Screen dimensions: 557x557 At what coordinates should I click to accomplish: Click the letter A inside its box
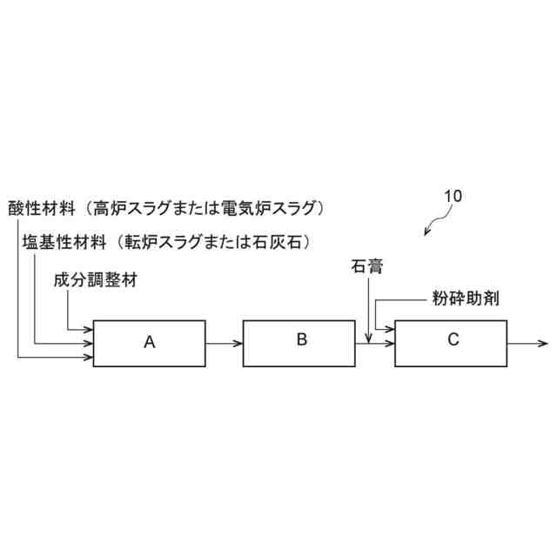(x=149, y=343)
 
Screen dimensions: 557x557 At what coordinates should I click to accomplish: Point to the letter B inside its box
(x=301, y=339)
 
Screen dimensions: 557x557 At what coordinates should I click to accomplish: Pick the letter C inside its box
(x=453, y=340)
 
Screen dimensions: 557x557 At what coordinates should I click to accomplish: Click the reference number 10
(x=452, y=196)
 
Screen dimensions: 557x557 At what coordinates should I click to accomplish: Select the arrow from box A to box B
(x=224, y=343)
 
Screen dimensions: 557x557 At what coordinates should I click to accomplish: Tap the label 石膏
(x=367, y=264)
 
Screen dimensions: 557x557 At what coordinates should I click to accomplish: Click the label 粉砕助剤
(x=466, y=298)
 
